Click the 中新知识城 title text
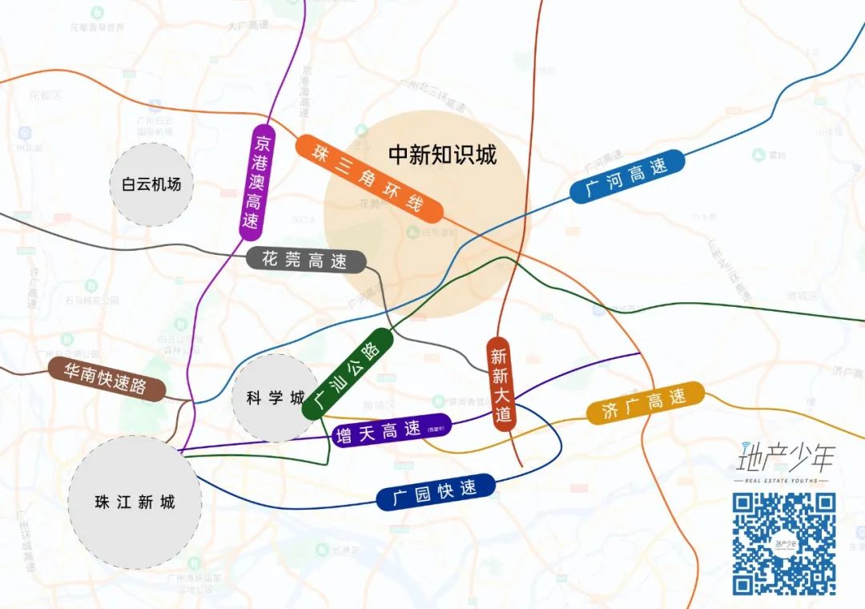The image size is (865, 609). click(442, 155)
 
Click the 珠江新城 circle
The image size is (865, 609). click(135, 502)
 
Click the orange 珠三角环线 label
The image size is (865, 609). click(369, 179)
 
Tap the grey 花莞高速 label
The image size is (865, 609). click(306, 260)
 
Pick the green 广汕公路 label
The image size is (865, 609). click(348, 373)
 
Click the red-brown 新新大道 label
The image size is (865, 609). click(501, 384)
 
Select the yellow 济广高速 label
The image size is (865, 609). click(645, 402)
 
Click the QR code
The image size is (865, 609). click(784, 544)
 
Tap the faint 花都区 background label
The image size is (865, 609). click(45, 95)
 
